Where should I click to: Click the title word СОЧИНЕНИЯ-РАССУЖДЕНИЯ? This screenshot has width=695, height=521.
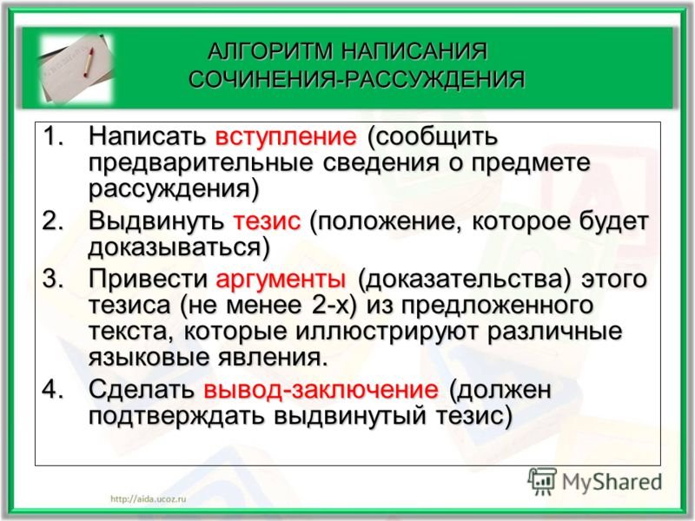pyautogui.click(x=357, y=81)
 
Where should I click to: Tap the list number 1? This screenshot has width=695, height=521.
pyautogui.click(x=53, y=137)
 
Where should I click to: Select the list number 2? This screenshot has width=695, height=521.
pyautogui.click(x=53, y=221)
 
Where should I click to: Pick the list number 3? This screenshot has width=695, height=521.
pyautogui.click(x=53, y=280)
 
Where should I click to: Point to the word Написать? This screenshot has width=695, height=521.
pyautogui.click(x=145, y=137)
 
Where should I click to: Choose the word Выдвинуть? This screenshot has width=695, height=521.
pyautogui.click(x=156, y=221)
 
